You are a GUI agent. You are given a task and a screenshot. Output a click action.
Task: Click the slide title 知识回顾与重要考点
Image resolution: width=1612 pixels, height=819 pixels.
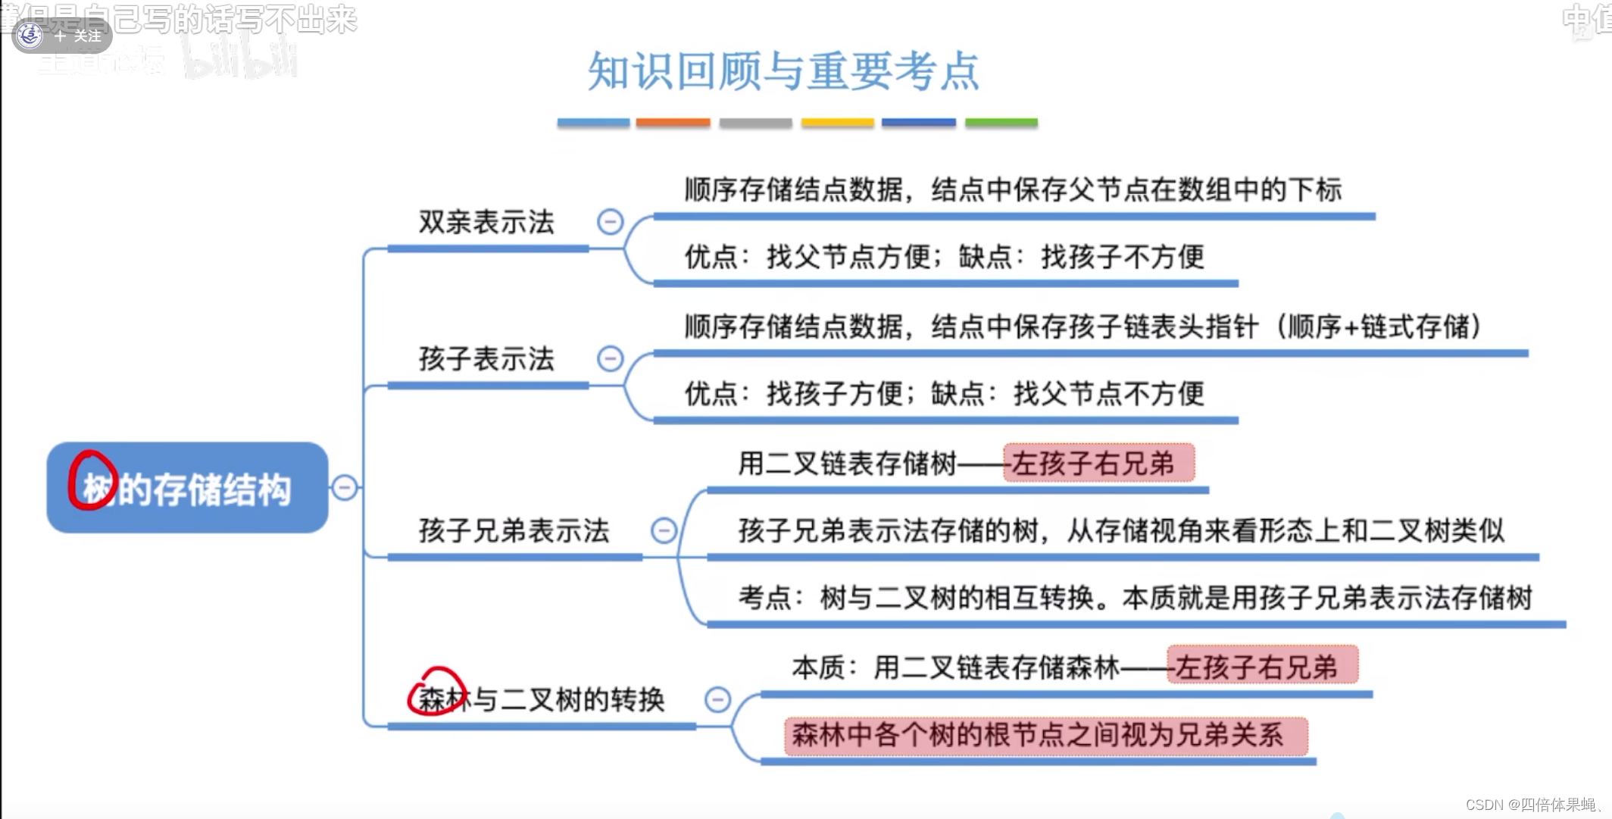(x=783, y=72)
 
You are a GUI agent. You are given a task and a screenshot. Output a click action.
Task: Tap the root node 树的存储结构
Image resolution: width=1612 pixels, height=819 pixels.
(x=187, y=488)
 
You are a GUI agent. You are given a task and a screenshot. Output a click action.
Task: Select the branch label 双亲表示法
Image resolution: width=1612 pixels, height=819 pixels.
(x=486, y=223)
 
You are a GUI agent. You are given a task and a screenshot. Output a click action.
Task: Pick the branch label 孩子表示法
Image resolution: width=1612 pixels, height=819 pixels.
(x=486, y=359)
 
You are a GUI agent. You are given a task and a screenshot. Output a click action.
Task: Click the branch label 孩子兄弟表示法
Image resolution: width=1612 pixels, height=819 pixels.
(x=514, y=531)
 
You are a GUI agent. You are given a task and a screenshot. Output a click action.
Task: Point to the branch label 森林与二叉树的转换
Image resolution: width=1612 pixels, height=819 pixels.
(x=542, y=699)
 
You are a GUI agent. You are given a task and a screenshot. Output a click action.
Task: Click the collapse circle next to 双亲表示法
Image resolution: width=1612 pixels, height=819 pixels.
(x=610, y=222)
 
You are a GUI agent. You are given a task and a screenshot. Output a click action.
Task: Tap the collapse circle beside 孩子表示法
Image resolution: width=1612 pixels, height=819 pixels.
(x=610, y=358)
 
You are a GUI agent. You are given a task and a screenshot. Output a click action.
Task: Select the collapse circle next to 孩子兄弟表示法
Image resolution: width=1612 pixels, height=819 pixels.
(x=664, y=530)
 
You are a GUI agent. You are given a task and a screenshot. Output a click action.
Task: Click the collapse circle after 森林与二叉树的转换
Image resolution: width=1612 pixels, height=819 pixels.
(x=717, y=699)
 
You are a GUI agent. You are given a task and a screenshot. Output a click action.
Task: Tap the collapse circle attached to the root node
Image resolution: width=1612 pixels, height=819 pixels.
(x=345, y=487)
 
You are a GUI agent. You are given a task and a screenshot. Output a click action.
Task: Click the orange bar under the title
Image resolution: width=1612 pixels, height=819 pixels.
(x=673, y=123)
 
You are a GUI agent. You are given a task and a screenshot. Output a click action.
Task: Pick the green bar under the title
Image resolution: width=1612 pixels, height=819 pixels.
(x=1001, y=123)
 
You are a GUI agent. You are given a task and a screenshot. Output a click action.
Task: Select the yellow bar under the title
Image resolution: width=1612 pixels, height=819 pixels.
(x=837, y=123)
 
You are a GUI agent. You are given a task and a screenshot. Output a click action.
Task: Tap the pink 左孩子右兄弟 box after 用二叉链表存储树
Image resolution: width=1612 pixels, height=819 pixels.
(x=1098, y=463)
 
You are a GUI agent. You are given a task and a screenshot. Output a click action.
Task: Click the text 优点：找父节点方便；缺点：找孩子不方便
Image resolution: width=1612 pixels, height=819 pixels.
(x=944, y=258)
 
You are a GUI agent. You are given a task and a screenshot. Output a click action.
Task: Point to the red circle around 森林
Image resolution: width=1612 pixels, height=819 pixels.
(x=436, y=692)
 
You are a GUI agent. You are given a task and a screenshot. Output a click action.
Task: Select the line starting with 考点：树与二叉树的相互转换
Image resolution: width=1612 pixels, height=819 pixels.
(x=1135, y=599)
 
